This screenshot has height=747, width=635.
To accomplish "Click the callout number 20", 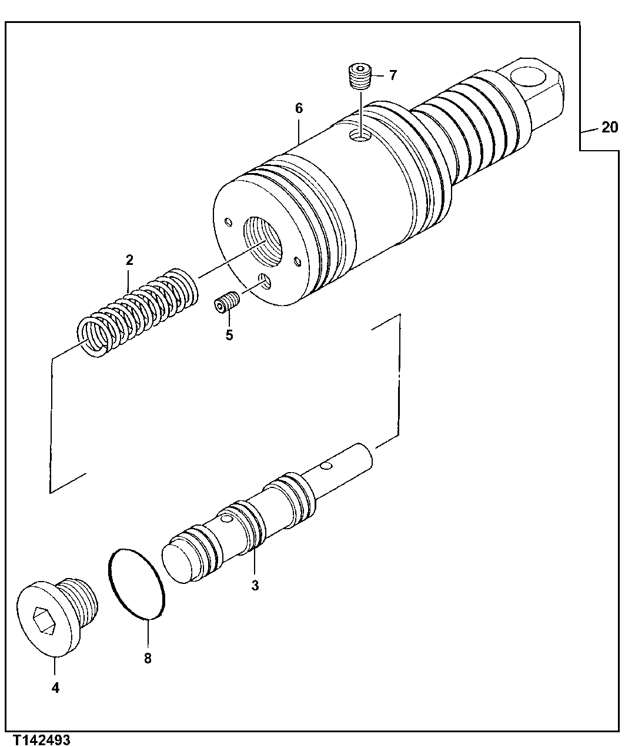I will click(609, 127).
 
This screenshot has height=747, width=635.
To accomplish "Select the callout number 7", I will click(392, 75).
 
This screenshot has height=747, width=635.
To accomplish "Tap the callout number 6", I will click(299, 108).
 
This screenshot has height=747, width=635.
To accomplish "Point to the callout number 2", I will click(129, 260).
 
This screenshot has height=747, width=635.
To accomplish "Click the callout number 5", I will click(229, 335).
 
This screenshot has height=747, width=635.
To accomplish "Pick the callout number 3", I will click(255, 586).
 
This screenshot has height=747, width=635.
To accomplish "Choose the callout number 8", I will click(148, 658).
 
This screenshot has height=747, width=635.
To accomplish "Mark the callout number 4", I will click(55, 688).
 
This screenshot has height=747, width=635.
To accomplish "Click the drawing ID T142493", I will click(39, 739).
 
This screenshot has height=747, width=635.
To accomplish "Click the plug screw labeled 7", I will click(357, 77).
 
